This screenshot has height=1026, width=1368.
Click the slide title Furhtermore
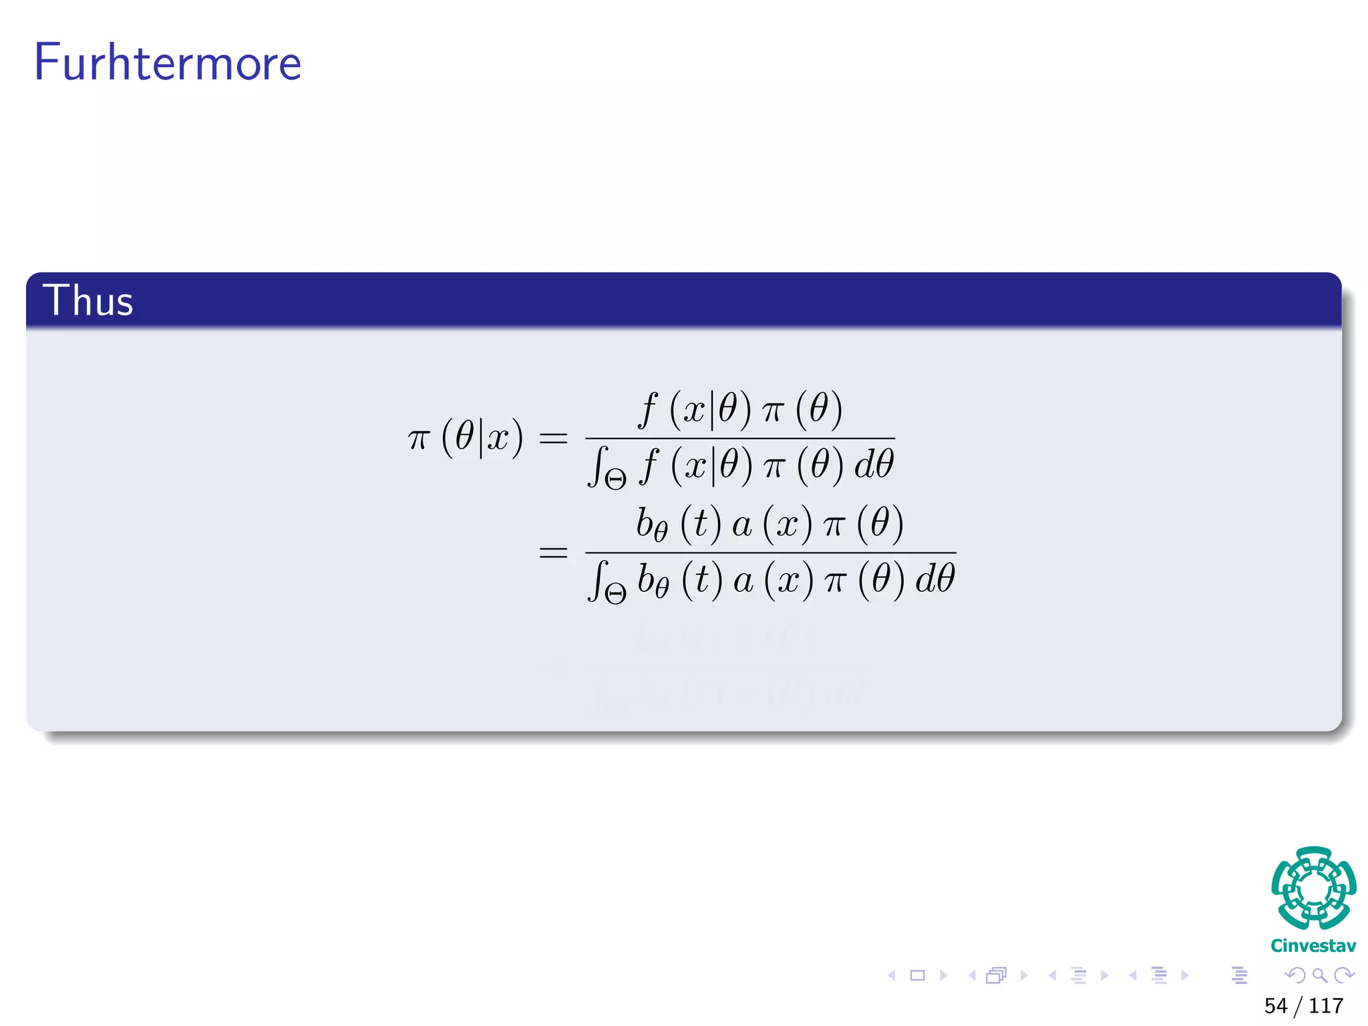168,63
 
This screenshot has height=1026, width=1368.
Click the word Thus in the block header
88,301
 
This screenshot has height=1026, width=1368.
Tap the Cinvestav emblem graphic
1313,888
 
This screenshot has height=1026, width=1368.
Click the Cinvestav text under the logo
1313,946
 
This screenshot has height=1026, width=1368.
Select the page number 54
1275,1005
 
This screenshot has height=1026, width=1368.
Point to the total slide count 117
1325,1005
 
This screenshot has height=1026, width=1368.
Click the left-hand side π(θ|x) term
466,438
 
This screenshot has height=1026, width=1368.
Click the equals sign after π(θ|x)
553,439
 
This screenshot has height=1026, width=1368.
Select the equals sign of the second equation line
553,552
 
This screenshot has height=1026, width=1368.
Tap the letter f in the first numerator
647,408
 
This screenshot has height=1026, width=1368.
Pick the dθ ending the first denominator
874,464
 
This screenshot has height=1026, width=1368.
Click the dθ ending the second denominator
935,578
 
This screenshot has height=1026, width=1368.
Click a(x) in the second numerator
772,523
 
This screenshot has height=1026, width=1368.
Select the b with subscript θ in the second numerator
651,524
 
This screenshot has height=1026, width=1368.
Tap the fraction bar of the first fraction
739,439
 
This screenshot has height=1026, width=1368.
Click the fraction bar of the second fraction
770,552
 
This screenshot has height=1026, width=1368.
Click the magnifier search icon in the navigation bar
1319,975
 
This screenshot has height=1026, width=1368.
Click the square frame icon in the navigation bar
918,975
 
